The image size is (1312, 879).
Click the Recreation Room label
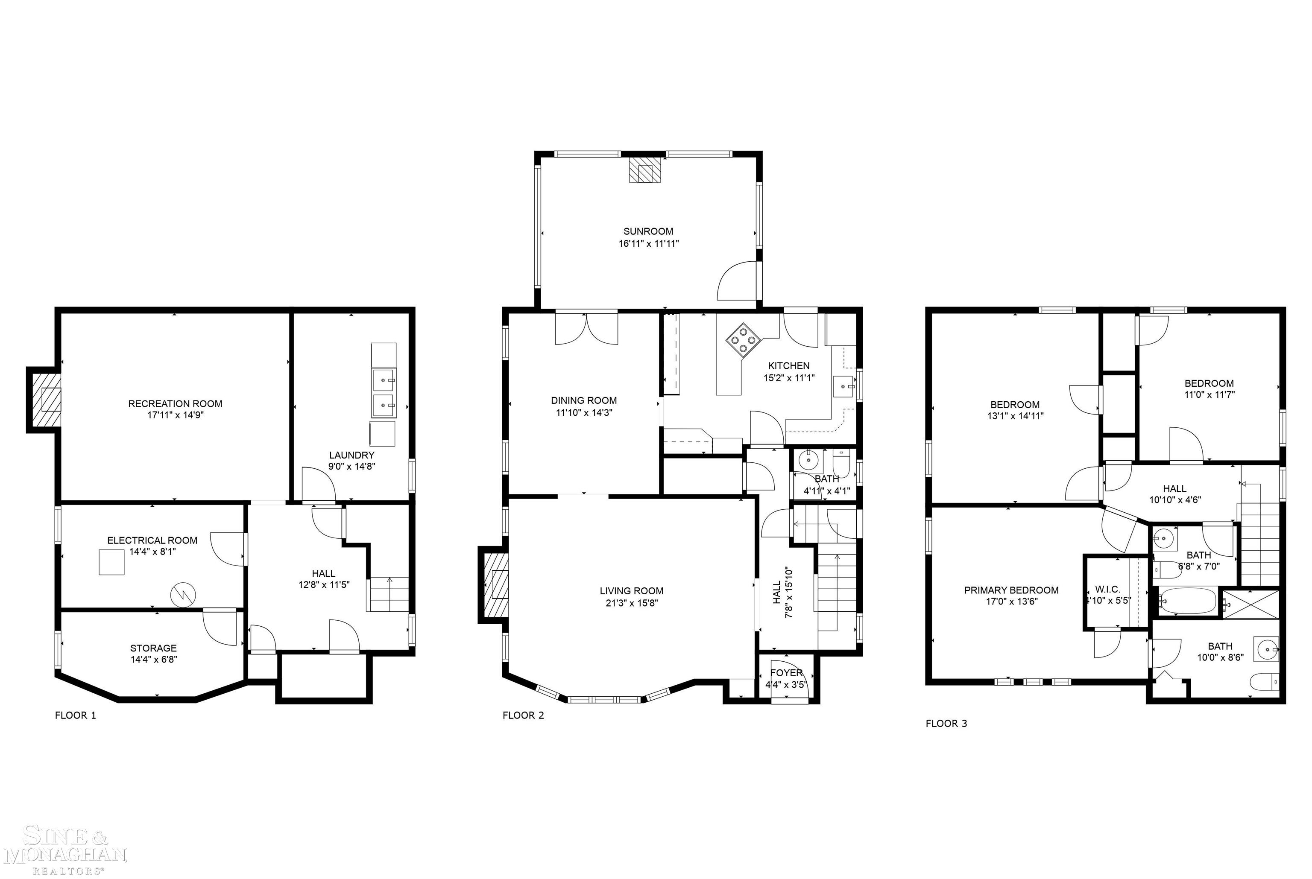[x=175, y=403]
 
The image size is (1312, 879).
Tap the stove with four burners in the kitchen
[x=743, y=339]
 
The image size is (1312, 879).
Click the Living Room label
[x=631, y=591]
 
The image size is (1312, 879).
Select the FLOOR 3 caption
[x=946, y=723]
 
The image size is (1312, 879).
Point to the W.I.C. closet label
[x=1107, y=589]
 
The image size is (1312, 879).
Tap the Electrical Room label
[x=152, y=540]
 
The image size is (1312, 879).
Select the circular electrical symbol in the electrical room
[x=183, y=594]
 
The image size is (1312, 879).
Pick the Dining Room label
[x=584, y=400]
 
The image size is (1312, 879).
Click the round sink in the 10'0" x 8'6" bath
[x=1267, y=650]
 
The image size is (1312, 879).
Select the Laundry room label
[x=351, y=455]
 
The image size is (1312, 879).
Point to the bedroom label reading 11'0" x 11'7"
[x=1209, y=394]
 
